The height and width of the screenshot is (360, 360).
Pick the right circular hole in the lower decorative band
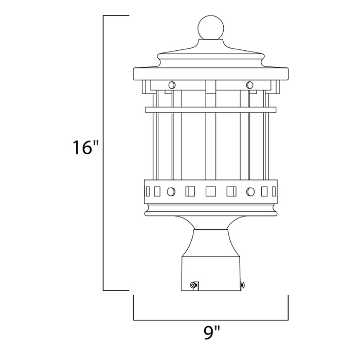250,192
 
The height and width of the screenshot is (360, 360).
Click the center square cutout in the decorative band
211,192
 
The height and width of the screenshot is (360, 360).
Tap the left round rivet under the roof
171,84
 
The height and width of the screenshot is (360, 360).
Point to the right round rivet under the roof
250,84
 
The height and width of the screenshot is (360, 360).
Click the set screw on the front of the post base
193,284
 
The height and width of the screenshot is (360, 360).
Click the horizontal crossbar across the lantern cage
211,109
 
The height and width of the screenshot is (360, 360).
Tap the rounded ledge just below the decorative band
211,209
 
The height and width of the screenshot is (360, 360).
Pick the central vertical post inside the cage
211,149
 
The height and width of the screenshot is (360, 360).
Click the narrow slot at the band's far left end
148,192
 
